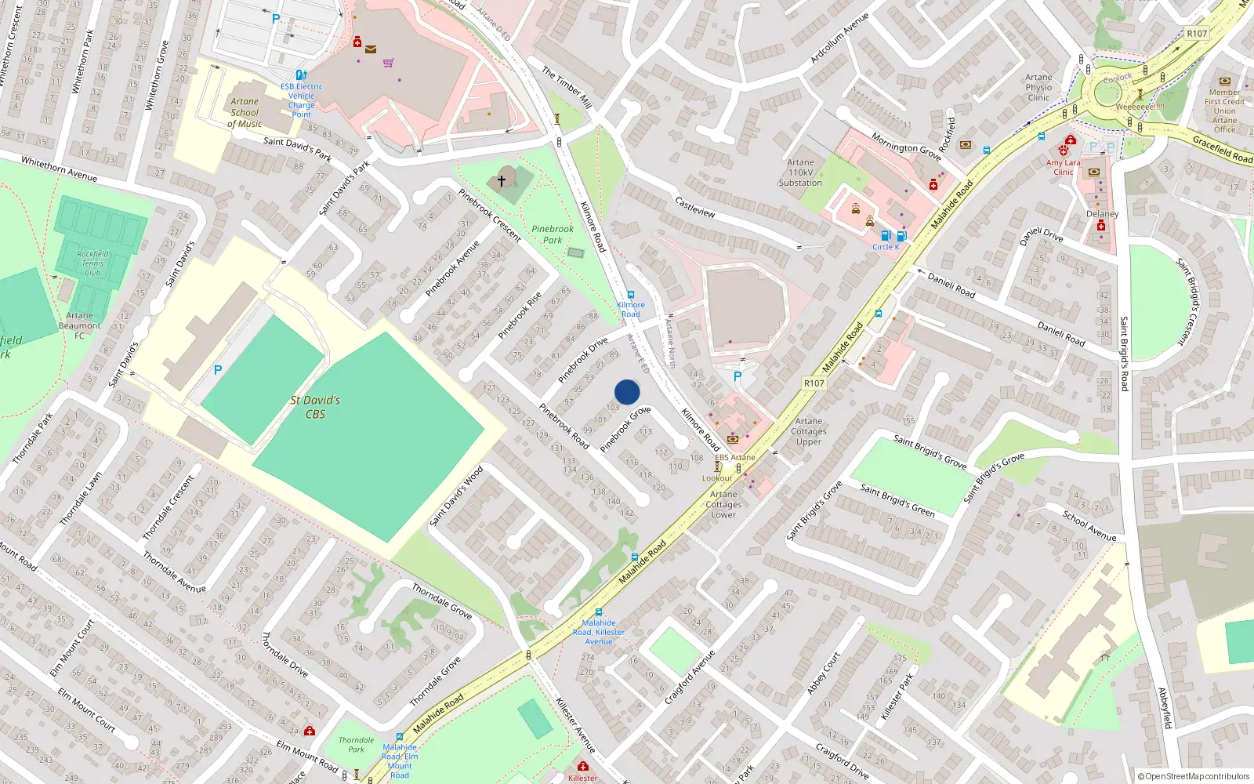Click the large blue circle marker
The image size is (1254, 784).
tap(627, 392)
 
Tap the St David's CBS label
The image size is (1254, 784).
tap(315, 407)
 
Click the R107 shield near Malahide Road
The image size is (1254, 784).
tap(814, 383)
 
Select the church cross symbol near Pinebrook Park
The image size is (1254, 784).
tap(502, 180)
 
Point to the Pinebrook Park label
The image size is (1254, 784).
tap(553, 234)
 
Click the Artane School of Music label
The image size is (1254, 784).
tap(245, 112)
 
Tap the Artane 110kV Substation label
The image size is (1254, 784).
tap(800, 172)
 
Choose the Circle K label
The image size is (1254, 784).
tap(886, 247)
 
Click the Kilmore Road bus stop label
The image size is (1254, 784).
tap(631, 310)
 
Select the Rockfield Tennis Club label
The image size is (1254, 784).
tap(92, 263)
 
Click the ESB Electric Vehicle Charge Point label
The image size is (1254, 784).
tap(302, 100)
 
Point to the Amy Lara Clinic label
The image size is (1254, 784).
tap(1063, 167)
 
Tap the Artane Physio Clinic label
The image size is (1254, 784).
tap(1038, 87)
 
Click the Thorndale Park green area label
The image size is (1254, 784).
tap(356, 744)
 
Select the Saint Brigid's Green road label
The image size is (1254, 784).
tap(897, 500)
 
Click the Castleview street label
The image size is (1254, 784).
tap(694, 207)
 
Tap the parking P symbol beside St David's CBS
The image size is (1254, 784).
tap(218, 370)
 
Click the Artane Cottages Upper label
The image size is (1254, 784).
tap(809, 431)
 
